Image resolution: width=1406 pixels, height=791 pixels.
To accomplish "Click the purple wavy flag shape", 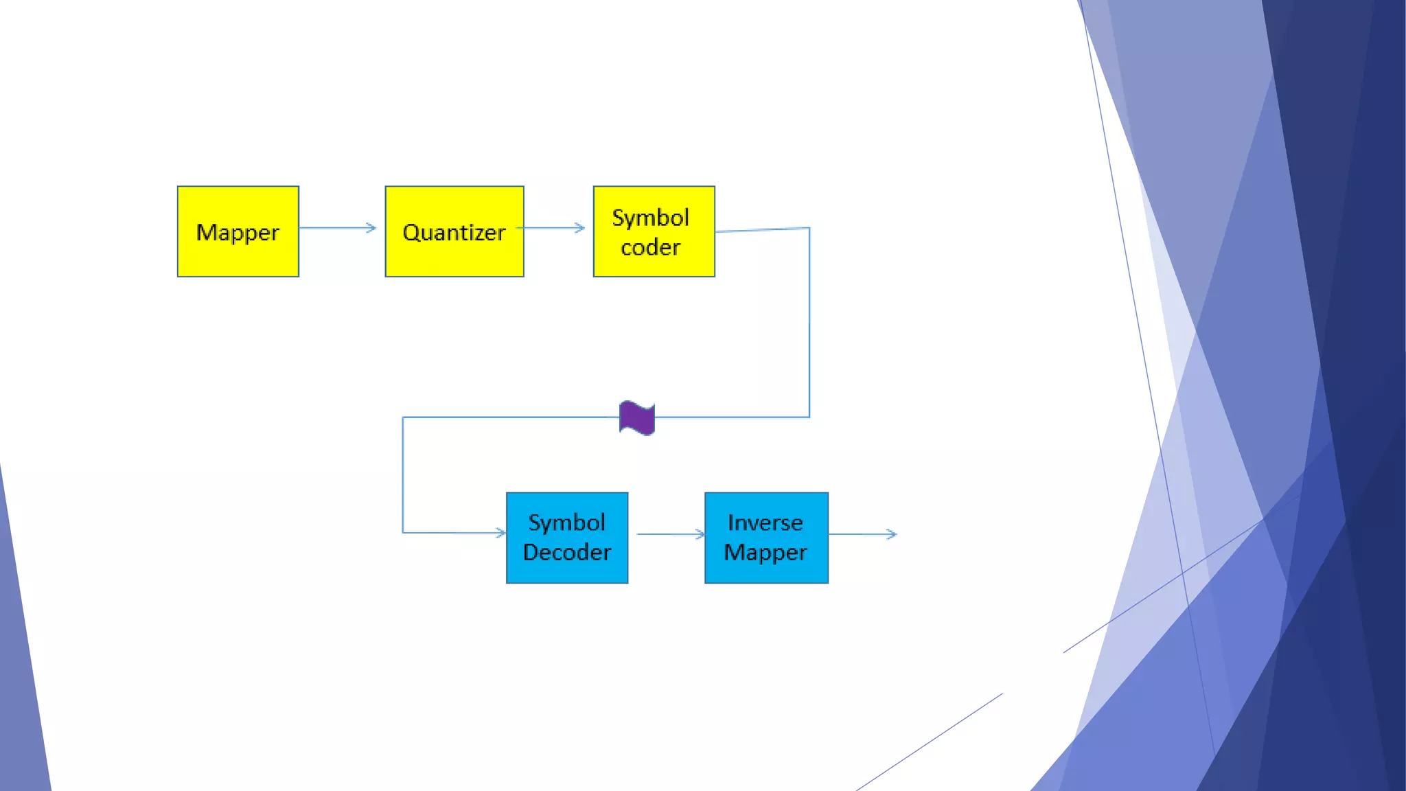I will [637, 418].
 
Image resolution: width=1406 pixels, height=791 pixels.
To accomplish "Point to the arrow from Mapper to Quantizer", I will [338, 227].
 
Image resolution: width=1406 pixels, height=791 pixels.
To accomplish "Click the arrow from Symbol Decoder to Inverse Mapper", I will [670, 534].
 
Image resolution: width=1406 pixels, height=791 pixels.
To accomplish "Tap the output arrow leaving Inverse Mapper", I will [862, 534].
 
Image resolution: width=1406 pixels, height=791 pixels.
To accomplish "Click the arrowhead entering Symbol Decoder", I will [500, 532].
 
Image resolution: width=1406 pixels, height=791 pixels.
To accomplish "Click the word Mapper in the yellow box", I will [238, 233].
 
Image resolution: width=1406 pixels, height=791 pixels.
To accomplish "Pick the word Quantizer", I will [454, 233].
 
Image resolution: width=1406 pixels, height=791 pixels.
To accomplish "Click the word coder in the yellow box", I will [650, 247].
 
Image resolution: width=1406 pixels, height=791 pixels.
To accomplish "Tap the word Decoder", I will [566, 552].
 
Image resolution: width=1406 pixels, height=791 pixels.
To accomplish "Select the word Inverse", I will [765, 523].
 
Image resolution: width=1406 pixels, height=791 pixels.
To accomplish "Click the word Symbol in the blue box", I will [566, 523].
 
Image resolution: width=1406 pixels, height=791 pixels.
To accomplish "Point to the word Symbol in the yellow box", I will [650, 218].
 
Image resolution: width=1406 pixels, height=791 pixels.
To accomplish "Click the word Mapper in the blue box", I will [765, 552].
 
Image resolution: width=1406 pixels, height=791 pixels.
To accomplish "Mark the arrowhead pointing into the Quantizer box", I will [371, 227].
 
